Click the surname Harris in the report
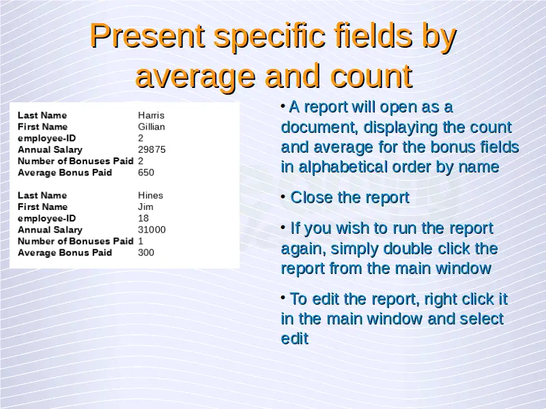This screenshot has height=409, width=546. [x=151, y=115]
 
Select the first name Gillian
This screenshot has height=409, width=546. [x=152, y=127]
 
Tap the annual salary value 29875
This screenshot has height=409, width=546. [x=152, y=149]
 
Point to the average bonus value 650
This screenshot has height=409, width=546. [x=146, y=172]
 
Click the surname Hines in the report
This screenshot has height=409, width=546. [x=150, y=195]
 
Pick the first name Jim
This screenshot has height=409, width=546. [x=145, y=207]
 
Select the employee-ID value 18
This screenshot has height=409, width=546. [x=143, y=218]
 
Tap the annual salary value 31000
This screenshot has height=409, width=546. [x=152, y=230]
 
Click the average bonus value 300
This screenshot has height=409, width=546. [x=146, y=252]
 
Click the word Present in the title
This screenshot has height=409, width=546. [x=147, y=36]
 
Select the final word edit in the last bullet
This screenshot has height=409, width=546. [x=295, y=338]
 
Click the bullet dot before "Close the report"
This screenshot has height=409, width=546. [x=283, y=197]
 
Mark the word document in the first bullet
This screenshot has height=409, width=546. [x=319, y=127]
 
